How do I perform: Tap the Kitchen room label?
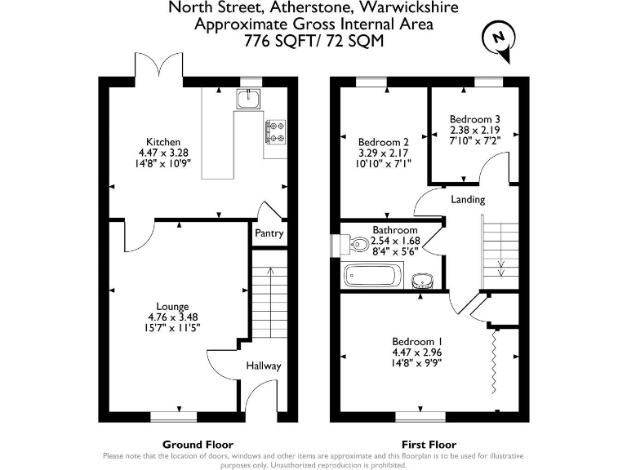pyautogui.click(x=163, y=142)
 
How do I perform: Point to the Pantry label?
pyautogui.click(x=269, y=234)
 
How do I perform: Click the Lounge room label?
pyautogui.click(x=173, y=307)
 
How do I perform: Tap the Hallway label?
pyautogui.click(x=265, y=366)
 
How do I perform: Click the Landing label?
pyautogui.click(x=468, y=200)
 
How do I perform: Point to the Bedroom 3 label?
pyautogui.click(x=474, y=119)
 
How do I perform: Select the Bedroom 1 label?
pyautogui.click(x=417, y=341)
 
